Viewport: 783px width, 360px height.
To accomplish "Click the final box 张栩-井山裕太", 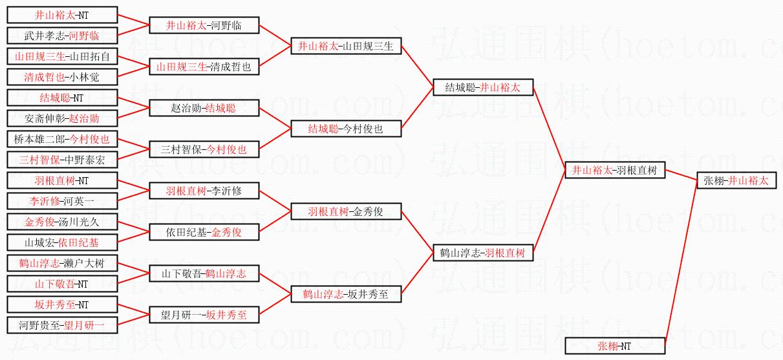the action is [736, 181].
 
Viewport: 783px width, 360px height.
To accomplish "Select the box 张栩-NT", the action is [615, 346].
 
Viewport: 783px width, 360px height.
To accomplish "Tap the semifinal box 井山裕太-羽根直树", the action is [615, 171].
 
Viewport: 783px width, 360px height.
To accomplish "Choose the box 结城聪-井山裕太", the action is [483, 87].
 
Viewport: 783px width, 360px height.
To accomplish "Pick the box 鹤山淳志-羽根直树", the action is [483, 253].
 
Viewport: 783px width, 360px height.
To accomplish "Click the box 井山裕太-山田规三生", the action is [346, 46].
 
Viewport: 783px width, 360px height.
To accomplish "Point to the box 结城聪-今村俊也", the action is [346, 129].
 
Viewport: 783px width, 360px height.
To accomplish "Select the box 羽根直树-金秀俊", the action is [346, 211].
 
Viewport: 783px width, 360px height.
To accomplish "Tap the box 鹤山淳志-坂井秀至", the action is [346, 294].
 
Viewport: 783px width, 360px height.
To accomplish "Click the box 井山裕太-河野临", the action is [204, 25].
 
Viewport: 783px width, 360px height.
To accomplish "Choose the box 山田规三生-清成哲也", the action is [204, 67].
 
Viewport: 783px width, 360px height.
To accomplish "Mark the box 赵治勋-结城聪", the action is [204, 108].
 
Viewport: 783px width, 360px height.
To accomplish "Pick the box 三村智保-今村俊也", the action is [204, 149].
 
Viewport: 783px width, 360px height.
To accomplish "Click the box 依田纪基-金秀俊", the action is [204, 232].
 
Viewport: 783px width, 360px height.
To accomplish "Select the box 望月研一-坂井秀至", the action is [204, 315].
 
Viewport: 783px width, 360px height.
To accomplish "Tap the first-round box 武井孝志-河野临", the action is [62, 36].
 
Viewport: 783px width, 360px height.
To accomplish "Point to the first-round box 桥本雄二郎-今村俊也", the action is [62, 139].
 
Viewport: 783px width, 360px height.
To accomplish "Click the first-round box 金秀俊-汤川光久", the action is [62, 222].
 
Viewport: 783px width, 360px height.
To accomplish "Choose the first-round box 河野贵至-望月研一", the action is [62, 325].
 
